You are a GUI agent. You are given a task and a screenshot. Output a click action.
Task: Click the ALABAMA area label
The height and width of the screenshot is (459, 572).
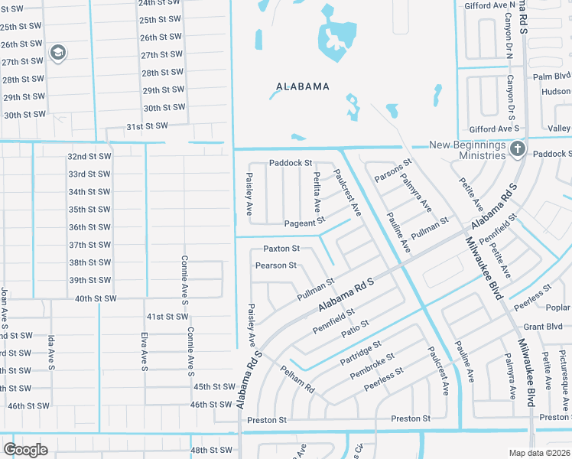[x=303, y=86]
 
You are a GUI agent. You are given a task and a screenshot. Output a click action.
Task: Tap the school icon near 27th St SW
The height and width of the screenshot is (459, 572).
[x=57, y=53]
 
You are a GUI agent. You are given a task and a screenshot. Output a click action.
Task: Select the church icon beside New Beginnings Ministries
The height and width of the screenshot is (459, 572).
[x=518, y=149]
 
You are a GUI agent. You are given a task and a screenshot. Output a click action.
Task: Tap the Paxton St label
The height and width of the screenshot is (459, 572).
[x=281, y=249]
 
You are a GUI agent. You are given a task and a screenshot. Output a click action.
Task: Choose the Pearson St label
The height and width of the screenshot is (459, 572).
[x=275, y=265]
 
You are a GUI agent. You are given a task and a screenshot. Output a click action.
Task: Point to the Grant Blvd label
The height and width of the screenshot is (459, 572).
[x=543, y=326]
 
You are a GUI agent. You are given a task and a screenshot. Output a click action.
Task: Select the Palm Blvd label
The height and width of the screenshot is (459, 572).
[x=552, y=76]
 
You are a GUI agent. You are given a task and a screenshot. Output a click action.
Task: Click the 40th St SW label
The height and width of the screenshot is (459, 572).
[x=96, y=298]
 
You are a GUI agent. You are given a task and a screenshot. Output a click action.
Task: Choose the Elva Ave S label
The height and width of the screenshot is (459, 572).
[x=144, y=352]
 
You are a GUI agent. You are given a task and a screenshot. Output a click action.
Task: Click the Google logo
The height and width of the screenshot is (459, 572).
[x=25, y=449]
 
